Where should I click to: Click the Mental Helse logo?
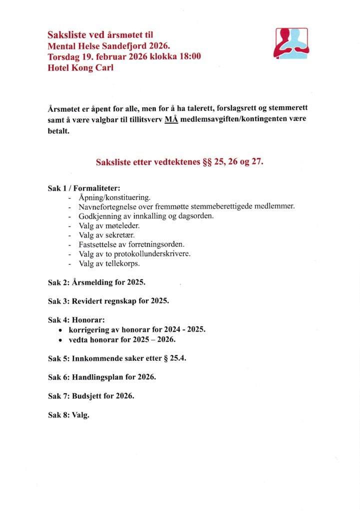[x=291, y=44]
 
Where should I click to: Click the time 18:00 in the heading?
[x=190, y=56]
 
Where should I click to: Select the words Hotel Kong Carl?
[x=80, y=67]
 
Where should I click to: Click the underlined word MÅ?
[x=171, y=120]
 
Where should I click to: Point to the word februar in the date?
[x=104, y=56]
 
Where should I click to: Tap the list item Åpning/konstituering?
[x=114, y=198]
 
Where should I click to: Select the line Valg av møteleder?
[x=109, y=226]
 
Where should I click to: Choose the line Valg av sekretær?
[x=106, y=235]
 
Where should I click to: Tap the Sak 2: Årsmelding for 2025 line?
[x=96, y=282]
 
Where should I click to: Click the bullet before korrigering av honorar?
[x=60, y=330]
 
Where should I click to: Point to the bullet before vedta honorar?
[x=60, y=340]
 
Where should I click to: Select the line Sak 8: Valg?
[x=68, y=415]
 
